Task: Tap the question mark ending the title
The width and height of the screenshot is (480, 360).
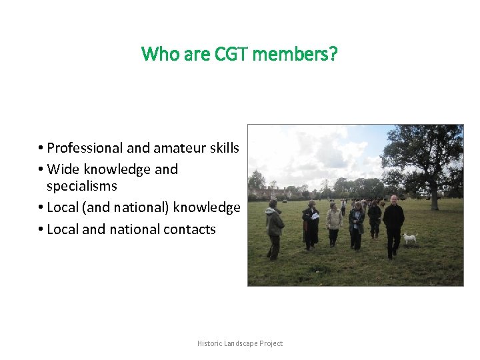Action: coord(333,53)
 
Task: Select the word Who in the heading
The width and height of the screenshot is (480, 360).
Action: coord(159,53)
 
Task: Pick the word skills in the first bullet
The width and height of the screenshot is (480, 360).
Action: coord(223,148)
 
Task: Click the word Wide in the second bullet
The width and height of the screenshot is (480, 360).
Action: coord(63,169)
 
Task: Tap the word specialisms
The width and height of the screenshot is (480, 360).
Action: coord(81,186)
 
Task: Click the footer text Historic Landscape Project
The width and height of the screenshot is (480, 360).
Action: coord(240,343)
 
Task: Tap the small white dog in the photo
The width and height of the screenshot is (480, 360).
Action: coord(409,237)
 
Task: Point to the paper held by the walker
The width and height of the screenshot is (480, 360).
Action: coord(315,216)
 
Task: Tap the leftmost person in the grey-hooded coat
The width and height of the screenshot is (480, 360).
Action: coord(273,227)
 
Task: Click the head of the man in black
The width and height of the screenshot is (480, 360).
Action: coord(393,199)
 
